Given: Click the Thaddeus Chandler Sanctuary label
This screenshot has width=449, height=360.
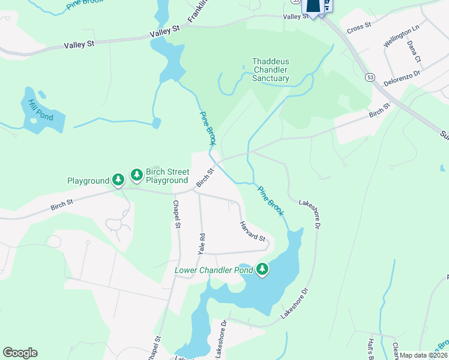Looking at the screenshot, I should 270,70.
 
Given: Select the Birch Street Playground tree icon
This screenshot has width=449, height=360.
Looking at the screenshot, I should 137,175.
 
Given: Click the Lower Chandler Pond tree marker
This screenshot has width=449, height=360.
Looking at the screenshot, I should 262,269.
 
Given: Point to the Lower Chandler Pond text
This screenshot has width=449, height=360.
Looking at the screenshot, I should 212,270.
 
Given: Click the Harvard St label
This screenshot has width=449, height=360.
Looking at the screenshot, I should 253,231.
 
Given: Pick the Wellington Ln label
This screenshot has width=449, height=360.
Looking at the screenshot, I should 400,36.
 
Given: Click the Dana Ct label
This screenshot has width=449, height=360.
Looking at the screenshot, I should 413,50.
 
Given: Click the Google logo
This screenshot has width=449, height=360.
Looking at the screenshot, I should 20,353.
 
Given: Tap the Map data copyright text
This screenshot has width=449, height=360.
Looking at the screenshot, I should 424,355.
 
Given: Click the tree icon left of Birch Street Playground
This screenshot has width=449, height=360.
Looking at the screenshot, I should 119,179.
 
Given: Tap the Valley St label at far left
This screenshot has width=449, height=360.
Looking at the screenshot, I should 80,44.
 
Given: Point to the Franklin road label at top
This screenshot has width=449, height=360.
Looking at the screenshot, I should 197,11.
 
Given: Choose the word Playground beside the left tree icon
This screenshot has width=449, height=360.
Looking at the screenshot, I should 88,181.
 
